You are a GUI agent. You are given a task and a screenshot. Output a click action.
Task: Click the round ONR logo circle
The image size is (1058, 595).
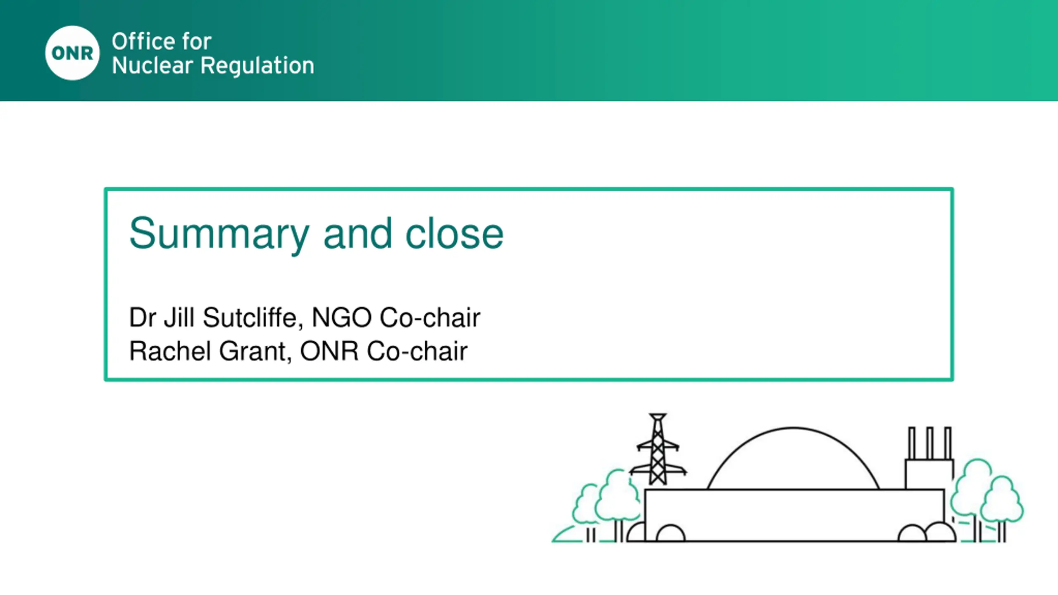click(72, 53)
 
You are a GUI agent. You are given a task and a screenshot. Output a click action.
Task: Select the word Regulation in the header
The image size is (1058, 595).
click(257, 66)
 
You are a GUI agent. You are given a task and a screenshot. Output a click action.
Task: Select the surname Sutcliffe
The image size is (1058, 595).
click(250, 318)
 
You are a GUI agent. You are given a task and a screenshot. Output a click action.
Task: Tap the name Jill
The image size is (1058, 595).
click(179, 318)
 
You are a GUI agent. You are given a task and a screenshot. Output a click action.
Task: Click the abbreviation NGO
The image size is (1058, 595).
click(342, 318)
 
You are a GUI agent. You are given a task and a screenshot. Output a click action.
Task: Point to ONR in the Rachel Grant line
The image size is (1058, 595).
click(329, 351)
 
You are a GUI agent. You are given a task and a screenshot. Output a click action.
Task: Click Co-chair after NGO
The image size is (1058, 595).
click(430, 318)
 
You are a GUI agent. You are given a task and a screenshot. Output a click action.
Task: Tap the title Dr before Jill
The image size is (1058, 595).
click(143, 318)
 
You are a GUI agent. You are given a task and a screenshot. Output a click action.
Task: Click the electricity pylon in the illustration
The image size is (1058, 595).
click(658, 449)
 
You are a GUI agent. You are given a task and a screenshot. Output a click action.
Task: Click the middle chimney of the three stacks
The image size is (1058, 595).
click(930, 443)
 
